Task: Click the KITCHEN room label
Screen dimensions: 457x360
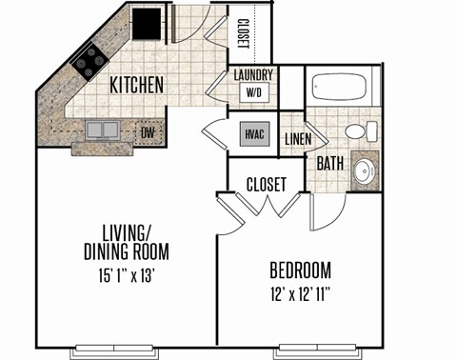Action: pos(136,85)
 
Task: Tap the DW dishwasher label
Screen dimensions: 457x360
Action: pos(148,132)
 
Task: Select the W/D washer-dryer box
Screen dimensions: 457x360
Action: pos(254,92)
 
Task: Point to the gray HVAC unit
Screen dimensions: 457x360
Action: pos(254,134)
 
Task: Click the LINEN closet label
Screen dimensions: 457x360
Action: pos(298,139)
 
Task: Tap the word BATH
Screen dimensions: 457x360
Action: pos(330,163)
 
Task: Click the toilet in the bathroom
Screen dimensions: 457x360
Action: pos(362,131)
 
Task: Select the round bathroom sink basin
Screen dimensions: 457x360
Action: pos(366,171)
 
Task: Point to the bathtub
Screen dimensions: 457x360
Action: pos(339,86)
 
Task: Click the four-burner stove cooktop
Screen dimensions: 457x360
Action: pos(89,61)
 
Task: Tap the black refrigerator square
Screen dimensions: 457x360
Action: pos(147,24)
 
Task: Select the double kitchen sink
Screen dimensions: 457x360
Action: pos(103,130)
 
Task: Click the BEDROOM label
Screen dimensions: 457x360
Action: pos(300,270)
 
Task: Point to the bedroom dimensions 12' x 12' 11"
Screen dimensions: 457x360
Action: pos(300,294)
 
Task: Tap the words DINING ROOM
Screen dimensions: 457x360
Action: pos(127,251)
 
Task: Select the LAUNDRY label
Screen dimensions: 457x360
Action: pos(253,75)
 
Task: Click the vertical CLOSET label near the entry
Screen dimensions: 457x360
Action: pos(243,33)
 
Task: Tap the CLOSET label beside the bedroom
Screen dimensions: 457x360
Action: pos(267,185)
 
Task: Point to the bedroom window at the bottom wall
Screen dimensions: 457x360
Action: pos(318,349)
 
